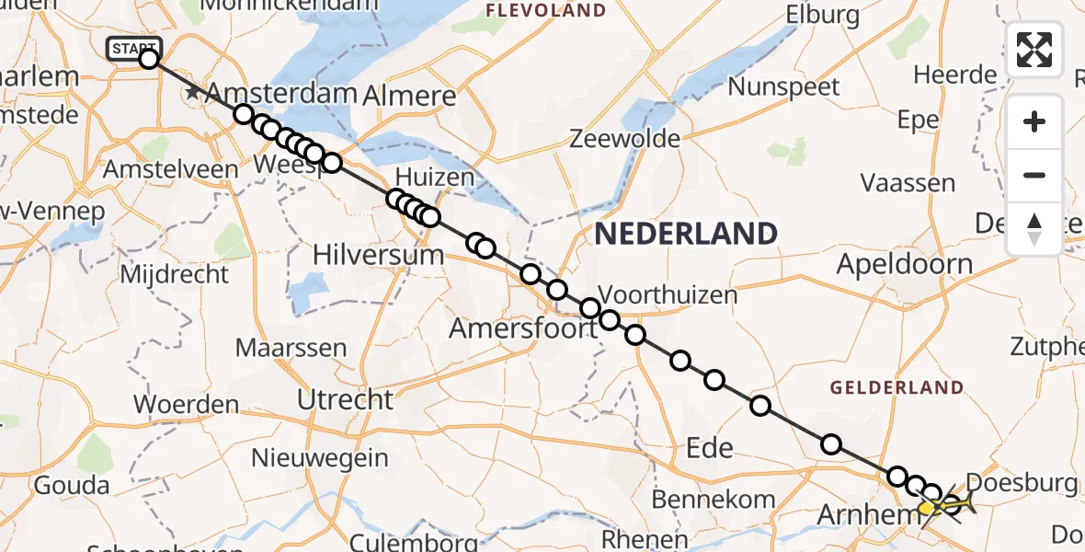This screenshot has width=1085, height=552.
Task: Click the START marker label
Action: point(134,48)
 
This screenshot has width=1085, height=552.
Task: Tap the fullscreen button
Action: point(1034,50)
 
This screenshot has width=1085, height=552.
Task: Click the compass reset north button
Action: point(1034,229)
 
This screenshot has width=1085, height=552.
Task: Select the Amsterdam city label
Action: point(280,94)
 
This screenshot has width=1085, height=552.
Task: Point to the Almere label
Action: point(409,96)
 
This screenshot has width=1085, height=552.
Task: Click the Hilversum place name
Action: point(379,254)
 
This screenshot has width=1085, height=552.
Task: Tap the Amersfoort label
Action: point(523,328)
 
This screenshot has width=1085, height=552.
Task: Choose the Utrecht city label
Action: point(346,399)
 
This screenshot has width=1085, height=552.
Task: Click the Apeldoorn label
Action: point(904,265)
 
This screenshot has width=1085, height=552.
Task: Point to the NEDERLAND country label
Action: point(685,234)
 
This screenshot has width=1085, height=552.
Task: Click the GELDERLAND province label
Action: point(897,388)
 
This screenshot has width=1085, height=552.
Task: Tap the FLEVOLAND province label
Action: point(546,11)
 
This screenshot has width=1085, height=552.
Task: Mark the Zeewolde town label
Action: point(625,139)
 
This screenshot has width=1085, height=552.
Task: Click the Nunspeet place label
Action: point(783,87)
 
